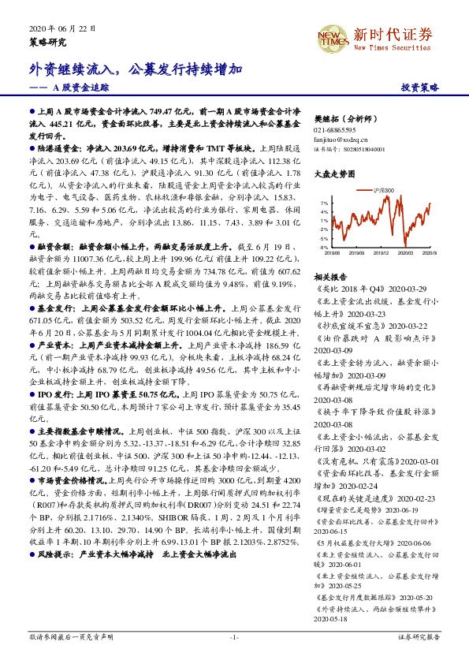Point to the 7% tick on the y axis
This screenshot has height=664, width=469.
(x=325, y=203)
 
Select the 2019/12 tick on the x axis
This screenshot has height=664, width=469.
(x=382, y=254)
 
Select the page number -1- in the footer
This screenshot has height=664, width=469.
(x=234, y=636)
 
